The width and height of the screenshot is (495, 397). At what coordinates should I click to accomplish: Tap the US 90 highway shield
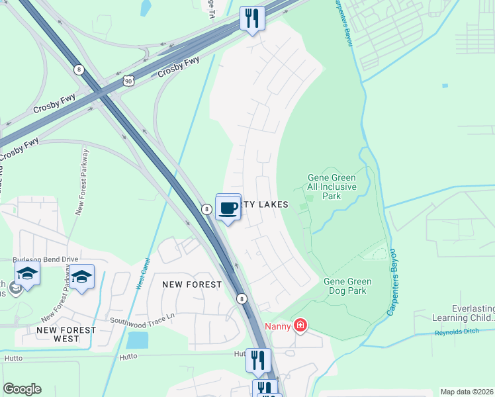point(127,80)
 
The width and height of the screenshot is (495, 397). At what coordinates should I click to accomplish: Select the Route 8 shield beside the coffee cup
point(207,209)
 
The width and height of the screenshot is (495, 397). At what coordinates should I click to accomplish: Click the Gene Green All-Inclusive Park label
point(332,187)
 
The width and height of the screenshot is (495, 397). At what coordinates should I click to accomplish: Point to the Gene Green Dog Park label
point(347,286)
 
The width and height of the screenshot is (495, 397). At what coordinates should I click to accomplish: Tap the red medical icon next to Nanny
point(300,325)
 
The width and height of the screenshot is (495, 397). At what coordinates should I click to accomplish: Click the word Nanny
point(278,326)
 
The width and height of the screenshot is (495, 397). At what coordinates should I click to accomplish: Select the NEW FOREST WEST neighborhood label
point(66,334)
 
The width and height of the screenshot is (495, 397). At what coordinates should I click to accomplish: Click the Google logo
point(22,389)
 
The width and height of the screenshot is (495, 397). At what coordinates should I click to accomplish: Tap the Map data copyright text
point(467,392)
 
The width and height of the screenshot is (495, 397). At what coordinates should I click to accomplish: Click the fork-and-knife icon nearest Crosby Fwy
point(251,18)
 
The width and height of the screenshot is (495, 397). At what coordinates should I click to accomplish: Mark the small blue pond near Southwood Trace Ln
point(138,340)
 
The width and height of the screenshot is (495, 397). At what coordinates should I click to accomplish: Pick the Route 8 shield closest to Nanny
point(242,298)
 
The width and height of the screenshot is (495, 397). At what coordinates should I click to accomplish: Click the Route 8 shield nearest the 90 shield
point(79,69)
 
